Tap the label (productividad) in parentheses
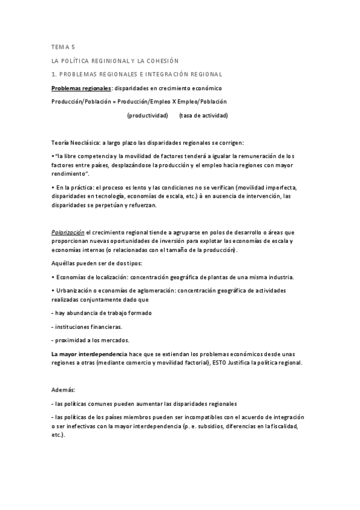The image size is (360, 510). pos(147,115)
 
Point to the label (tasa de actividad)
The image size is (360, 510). pos(203,115)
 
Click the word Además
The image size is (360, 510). pos(63,390)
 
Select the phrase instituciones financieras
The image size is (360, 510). pos(88,327)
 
